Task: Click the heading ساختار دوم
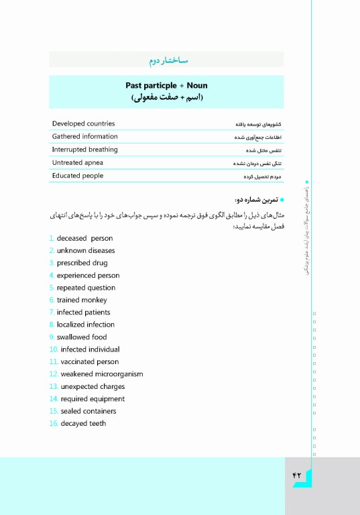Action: (167, 61)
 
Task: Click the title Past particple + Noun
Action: (166, 85)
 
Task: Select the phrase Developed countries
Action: (83, 123)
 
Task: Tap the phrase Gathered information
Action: (84, 136)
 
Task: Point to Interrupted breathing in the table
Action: (84, 150)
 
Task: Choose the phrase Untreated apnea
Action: (77, 162)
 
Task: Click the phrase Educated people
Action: (78, 176)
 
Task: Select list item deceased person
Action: (84, 238)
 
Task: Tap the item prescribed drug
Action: (82, 263)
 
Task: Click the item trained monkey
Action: (82, 300)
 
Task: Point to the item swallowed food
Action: (82, 337)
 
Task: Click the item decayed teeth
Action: (83, 423)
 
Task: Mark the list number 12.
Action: (54, 374)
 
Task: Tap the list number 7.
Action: (52, 312)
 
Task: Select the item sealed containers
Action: (88, 411)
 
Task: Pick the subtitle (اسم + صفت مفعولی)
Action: (166, 98)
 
